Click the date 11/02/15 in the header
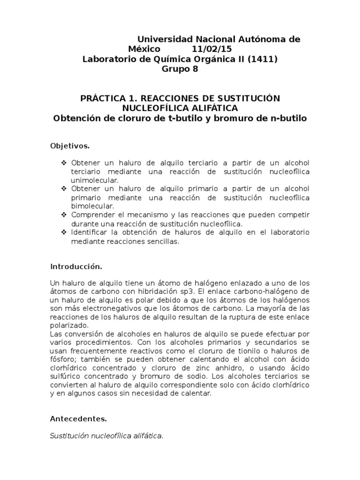click(x=211, y=49)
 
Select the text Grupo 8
click(x=180, y=69)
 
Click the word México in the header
click(x=144, y=49)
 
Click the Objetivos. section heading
click(x=70, y=146)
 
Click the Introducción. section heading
click(x=76, y=266)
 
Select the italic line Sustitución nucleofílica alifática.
click(x=107, y=436)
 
